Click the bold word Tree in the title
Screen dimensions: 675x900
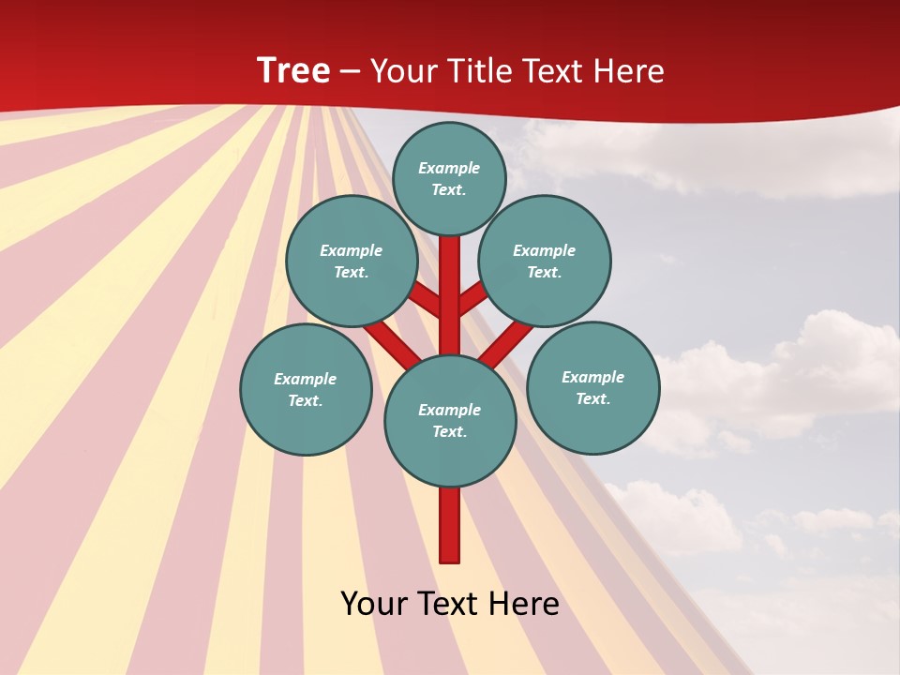(x=293, y=71)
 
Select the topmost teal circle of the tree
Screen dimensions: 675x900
(x=449, y=178)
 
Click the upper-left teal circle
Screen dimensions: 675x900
(x=352, y=261)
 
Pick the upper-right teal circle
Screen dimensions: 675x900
(x=545, y=261)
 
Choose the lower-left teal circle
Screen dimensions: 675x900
(x=306, y=389)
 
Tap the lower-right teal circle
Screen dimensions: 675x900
(x=593, y=387)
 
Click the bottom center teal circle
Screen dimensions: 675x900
(x=450, y=421)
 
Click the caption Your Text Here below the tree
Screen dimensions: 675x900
(x=450, y=604)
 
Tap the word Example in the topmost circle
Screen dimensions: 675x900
(x=449, y=168)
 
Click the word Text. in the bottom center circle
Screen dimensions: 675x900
(x=449, y=431)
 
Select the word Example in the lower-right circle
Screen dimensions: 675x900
(x=592, y=377)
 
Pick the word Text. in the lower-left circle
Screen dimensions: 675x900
(x=305, y=400)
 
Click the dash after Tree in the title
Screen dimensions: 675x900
(x=350, y=71)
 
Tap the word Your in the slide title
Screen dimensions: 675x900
(x=400, y=71)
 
